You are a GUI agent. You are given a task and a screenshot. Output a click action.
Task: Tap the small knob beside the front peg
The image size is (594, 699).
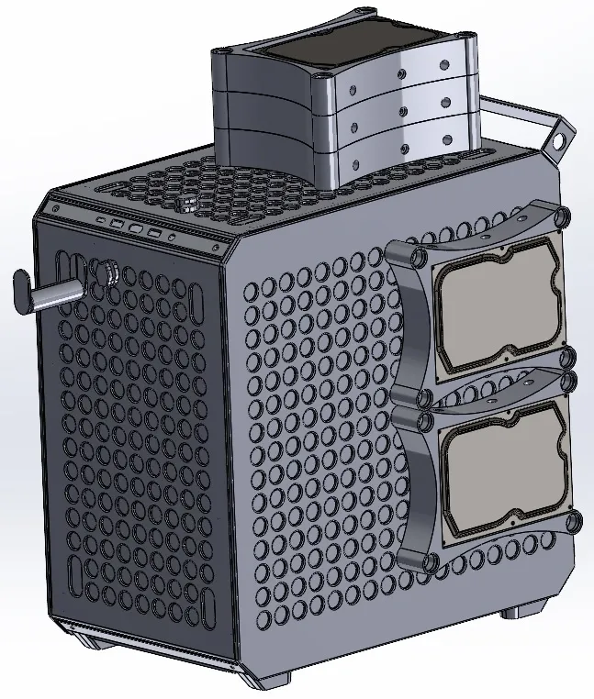106,272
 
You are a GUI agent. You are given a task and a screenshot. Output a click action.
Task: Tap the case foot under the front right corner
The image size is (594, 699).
272,680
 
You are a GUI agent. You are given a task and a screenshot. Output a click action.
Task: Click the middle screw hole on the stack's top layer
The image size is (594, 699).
401,72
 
